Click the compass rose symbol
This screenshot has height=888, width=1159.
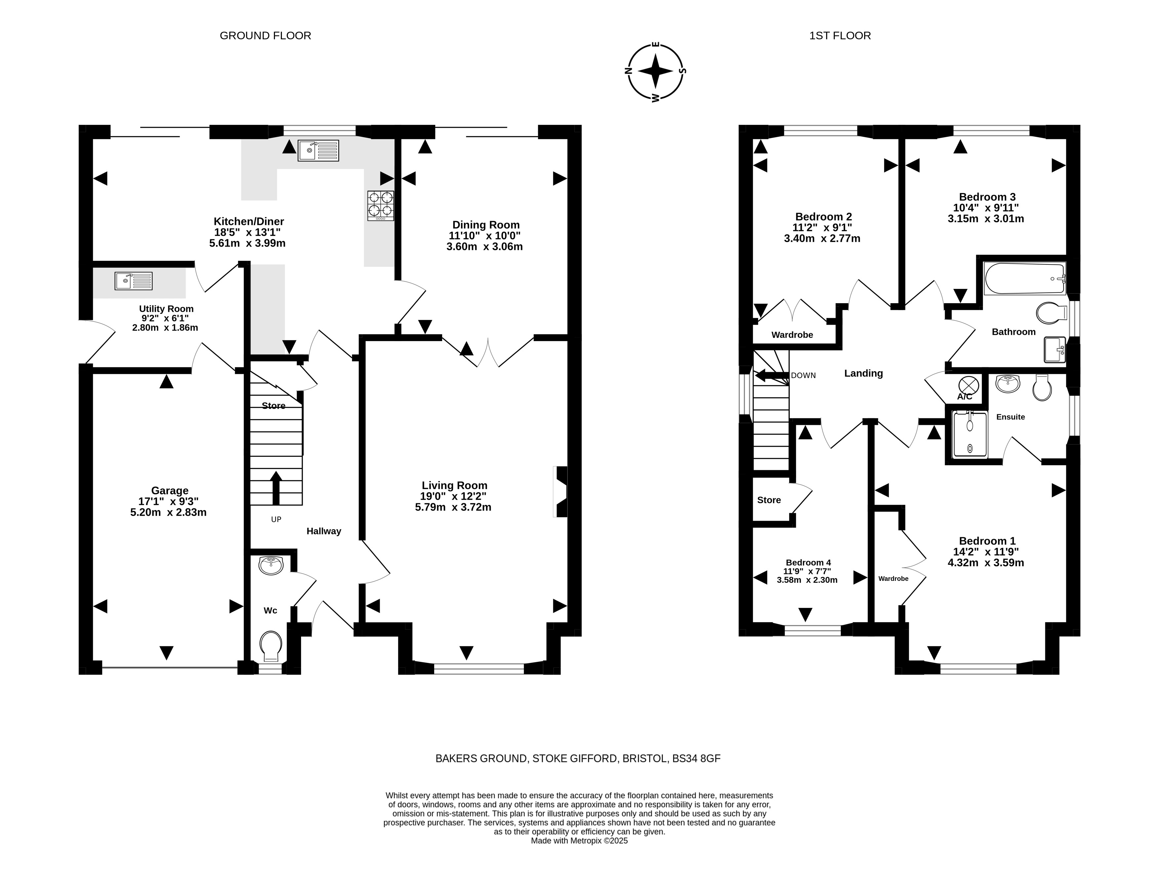point(655,71)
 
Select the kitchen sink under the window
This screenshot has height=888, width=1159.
point(318,151)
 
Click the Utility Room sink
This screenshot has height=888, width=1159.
point(133,281)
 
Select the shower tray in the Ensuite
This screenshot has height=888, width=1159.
point(970,435)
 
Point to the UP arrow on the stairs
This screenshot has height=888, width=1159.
point(276,488)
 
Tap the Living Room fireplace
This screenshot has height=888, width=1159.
point(560,491)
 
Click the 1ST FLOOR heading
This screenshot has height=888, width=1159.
point(840,35)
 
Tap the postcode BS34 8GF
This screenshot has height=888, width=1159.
point(696,759)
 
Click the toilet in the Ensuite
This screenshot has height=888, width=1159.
point(1042,387)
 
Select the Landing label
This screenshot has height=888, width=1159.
point(863,373)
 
